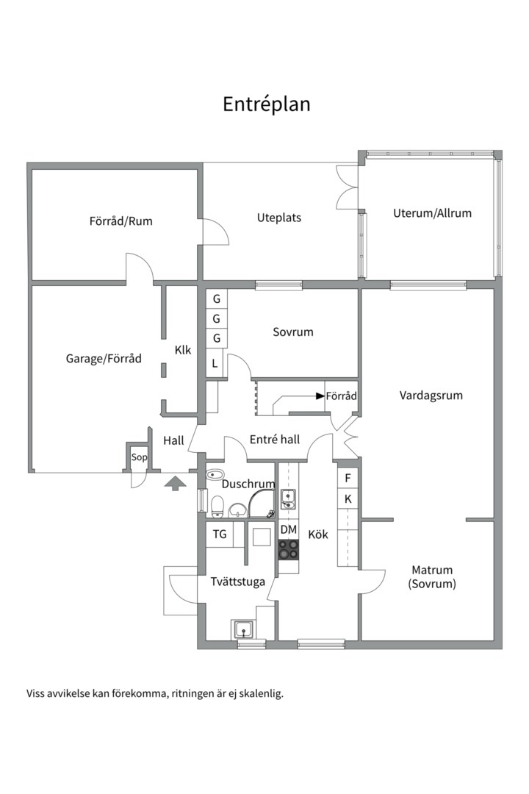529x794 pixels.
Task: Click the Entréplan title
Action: point(266,104)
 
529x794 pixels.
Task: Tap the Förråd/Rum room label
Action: point(121,221)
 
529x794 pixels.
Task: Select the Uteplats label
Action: point(279,218)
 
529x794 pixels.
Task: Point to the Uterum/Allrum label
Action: point(432,213)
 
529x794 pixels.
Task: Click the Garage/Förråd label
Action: point(104,359)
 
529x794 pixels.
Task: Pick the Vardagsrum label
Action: point(431,396)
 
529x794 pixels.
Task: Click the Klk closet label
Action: point(183,350)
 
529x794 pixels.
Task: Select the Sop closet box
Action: point(139,457)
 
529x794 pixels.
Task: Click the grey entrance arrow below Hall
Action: point(175,483)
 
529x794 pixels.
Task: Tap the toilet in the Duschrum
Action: point(217,507)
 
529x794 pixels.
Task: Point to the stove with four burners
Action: point(289,550)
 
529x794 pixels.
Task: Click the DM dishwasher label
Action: point(289,529)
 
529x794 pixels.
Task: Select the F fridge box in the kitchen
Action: point(348,478)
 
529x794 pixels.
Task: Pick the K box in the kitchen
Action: point(348,498)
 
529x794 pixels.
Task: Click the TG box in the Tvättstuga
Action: point(220,534)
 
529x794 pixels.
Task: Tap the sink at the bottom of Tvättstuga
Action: point(244,630)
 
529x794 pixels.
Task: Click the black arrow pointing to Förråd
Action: point(320,396)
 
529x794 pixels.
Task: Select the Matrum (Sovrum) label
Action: point(432,577)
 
